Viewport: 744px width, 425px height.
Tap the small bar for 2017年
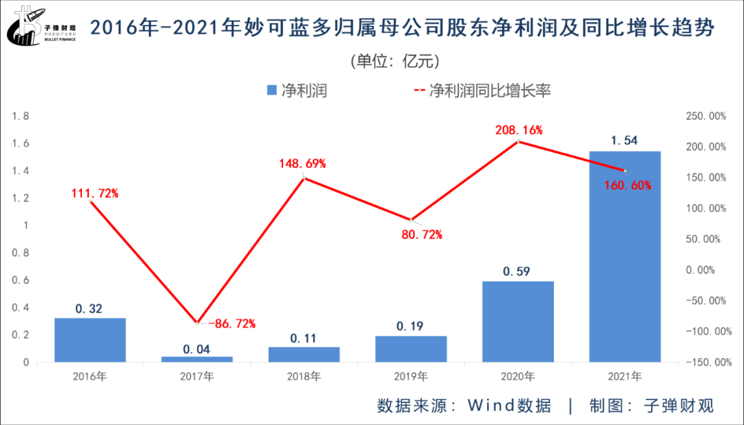tap(197, 359)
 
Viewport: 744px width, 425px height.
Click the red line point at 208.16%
tap(518, 142)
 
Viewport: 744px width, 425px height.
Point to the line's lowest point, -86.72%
tap(198, 322)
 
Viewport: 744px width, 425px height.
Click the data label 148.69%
tap(304, 164)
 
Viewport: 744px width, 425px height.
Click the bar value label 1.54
tap(624, 141)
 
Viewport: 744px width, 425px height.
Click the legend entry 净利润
tap(296, 91)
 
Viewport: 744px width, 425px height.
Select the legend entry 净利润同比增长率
tap(482, 91)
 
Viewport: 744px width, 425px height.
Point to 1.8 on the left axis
tap(21, 116)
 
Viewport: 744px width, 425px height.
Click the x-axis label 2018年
tap(304, 377)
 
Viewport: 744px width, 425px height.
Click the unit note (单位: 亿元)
tap(395, 61)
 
